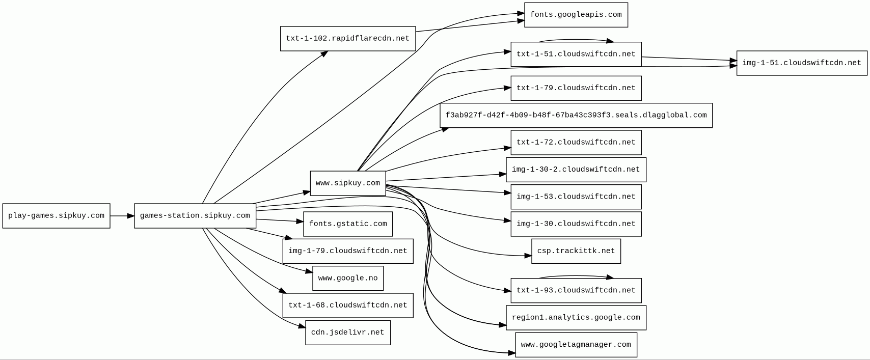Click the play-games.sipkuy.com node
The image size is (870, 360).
click(56, 216)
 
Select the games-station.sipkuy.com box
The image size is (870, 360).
click(195, 216)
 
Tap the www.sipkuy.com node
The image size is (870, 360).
click(347, 183)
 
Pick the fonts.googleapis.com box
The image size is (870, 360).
click(576, 15)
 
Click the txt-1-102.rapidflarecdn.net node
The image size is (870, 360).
click(347, 39)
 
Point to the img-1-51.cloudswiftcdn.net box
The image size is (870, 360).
click(801, 63)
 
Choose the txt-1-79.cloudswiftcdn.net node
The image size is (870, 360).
click(576, 88)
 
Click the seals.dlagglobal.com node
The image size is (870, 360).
click(576, 116)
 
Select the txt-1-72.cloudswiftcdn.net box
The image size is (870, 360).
click(576, 143)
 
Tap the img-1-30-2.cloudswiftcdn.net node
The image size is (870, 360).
click(576, 170)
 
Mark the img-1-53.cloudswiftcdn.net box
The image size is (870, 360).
click(576, 197)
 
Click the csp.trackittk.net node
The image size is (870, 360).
click(576, 251)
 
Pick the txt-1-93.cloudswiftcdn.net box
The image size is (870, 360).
click(576, 291)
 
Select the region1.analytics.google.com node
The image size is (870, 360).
click(576, 318)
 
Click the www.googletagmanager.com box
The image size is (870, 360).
click(576, 345)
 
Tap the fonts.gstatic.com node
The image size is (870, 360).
click(347, 224)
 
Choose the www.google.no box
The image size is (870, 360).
click(347, 279)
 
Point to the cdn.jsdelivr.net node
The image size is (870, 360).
click(347, 333)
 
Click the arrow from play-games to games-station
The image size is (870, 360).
click(122, 216)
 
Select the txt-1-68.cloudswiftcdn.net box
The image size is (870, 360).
click(347, 306)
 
